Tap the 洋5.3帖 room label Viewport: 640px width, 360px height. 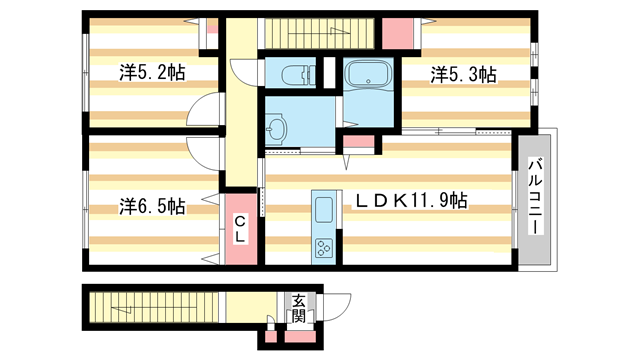(464, 74)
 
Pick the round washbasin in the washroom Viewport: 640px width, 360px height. (277, 127)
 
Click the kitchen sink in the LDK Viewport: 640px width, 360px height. (325, 211)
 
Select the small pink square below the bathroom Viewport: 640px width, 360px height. (363, 144)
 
